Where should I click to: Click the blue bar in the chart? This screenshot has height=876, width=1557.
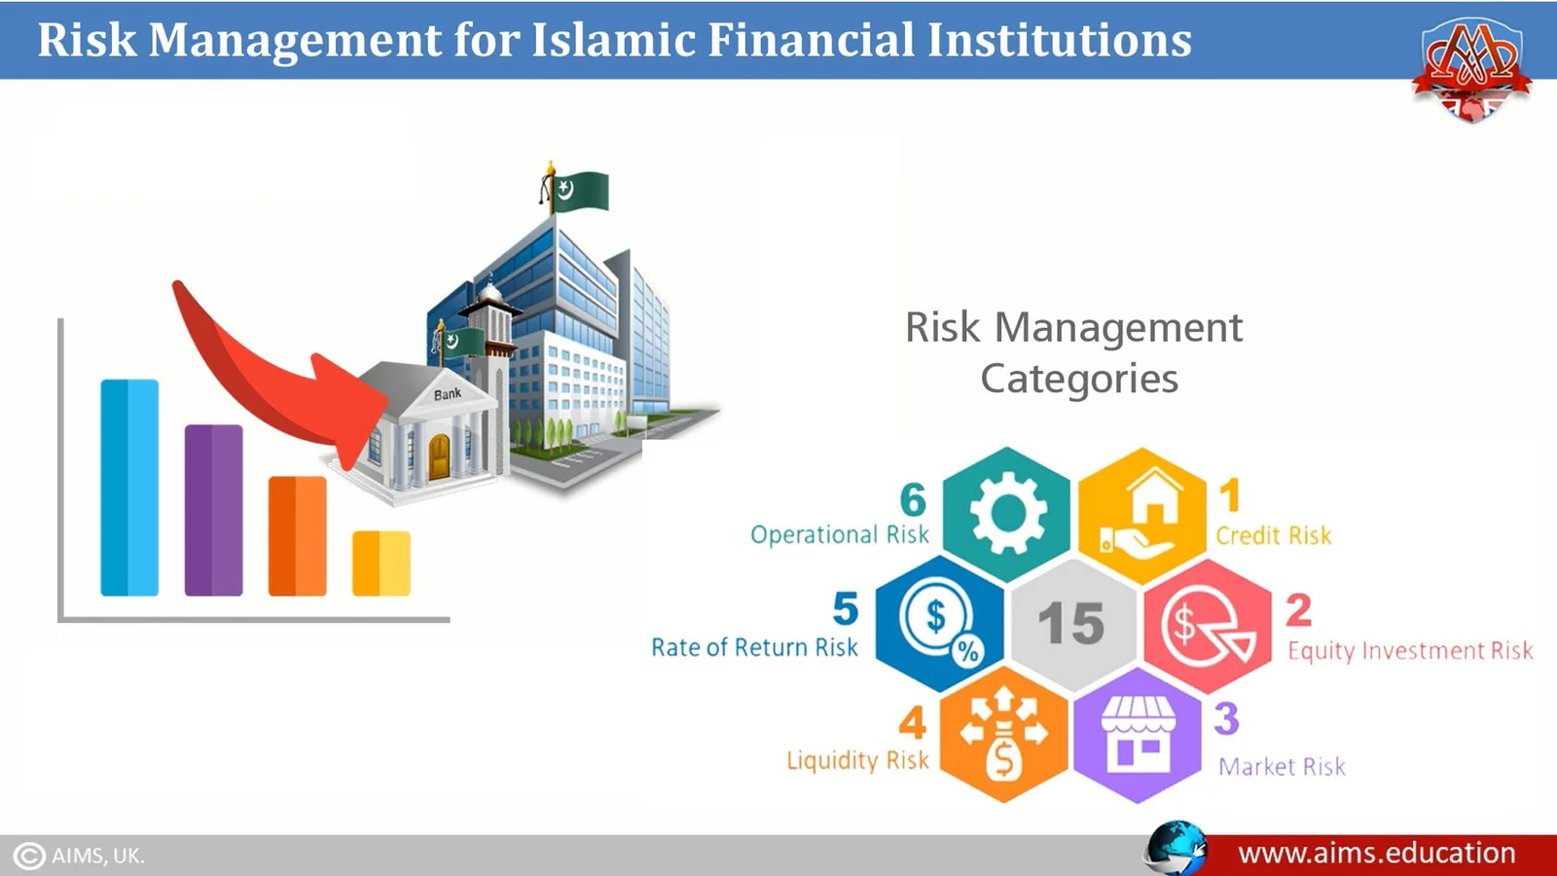click(x=129, y=488)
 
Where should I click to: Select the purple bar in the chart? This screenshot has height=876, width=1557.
click(x=213, y=510)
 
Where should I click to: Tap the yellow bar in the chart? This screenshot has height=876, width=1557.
click(x=381, y=564)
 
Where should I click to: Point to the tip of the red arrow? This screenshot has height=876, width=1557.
click(x=386, y=402)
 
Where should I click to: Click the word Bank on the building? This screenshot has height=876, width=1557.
click(x=448, y=394)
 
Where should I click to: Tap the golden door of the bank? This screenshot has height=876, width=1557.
click(x=439, y=456)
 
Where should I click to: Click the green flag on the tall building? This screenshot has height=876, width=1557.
click(x=583, y=191)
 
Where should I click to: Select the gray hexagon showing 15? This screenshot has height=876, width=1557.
click(x=1072, y=623)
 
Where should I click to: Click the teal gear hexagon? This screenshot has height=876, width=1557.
click(x=1006, y=514)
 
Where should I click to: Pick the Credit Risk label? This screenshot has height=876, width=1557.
click(x=1274, y=535)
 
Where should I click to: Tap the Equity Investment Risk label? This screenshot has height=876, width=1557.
click(x=1410, y=651)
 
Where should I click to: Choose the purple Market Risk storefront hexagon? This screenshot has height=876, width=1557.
click(x=1138, y=736)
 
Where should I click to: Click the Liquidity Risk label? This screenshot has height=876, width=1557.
click(x=857, y=760)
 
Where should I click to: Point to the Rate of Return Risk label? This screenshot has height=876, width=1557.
click(x=754, y=647)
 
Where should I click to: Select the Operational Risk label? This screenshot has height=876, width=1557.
click(x=840, y=534)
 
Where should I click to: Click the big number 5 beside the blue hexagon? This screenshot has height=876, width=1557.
click(x=846, y=608)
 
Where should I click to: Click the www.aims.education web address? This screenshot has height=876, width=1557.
click(x=1376, y=853)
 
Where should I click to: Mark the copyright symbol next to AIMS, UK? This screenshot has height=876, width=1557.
click(x=29, y=856)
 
